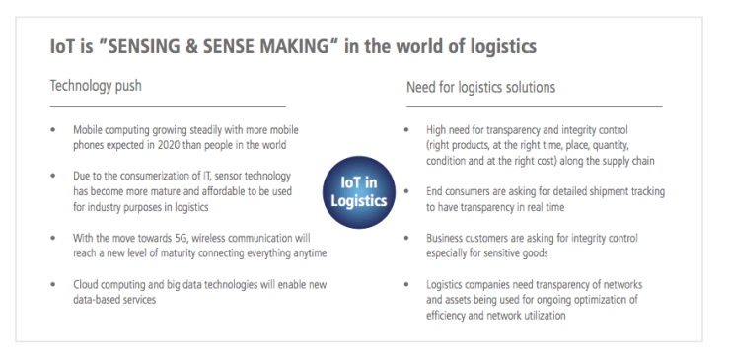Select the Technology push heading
(96, 87)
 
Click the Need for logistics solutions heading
(480, 88)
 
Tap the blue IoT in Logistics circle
(360, 189)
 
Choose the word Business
(448, 239)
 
